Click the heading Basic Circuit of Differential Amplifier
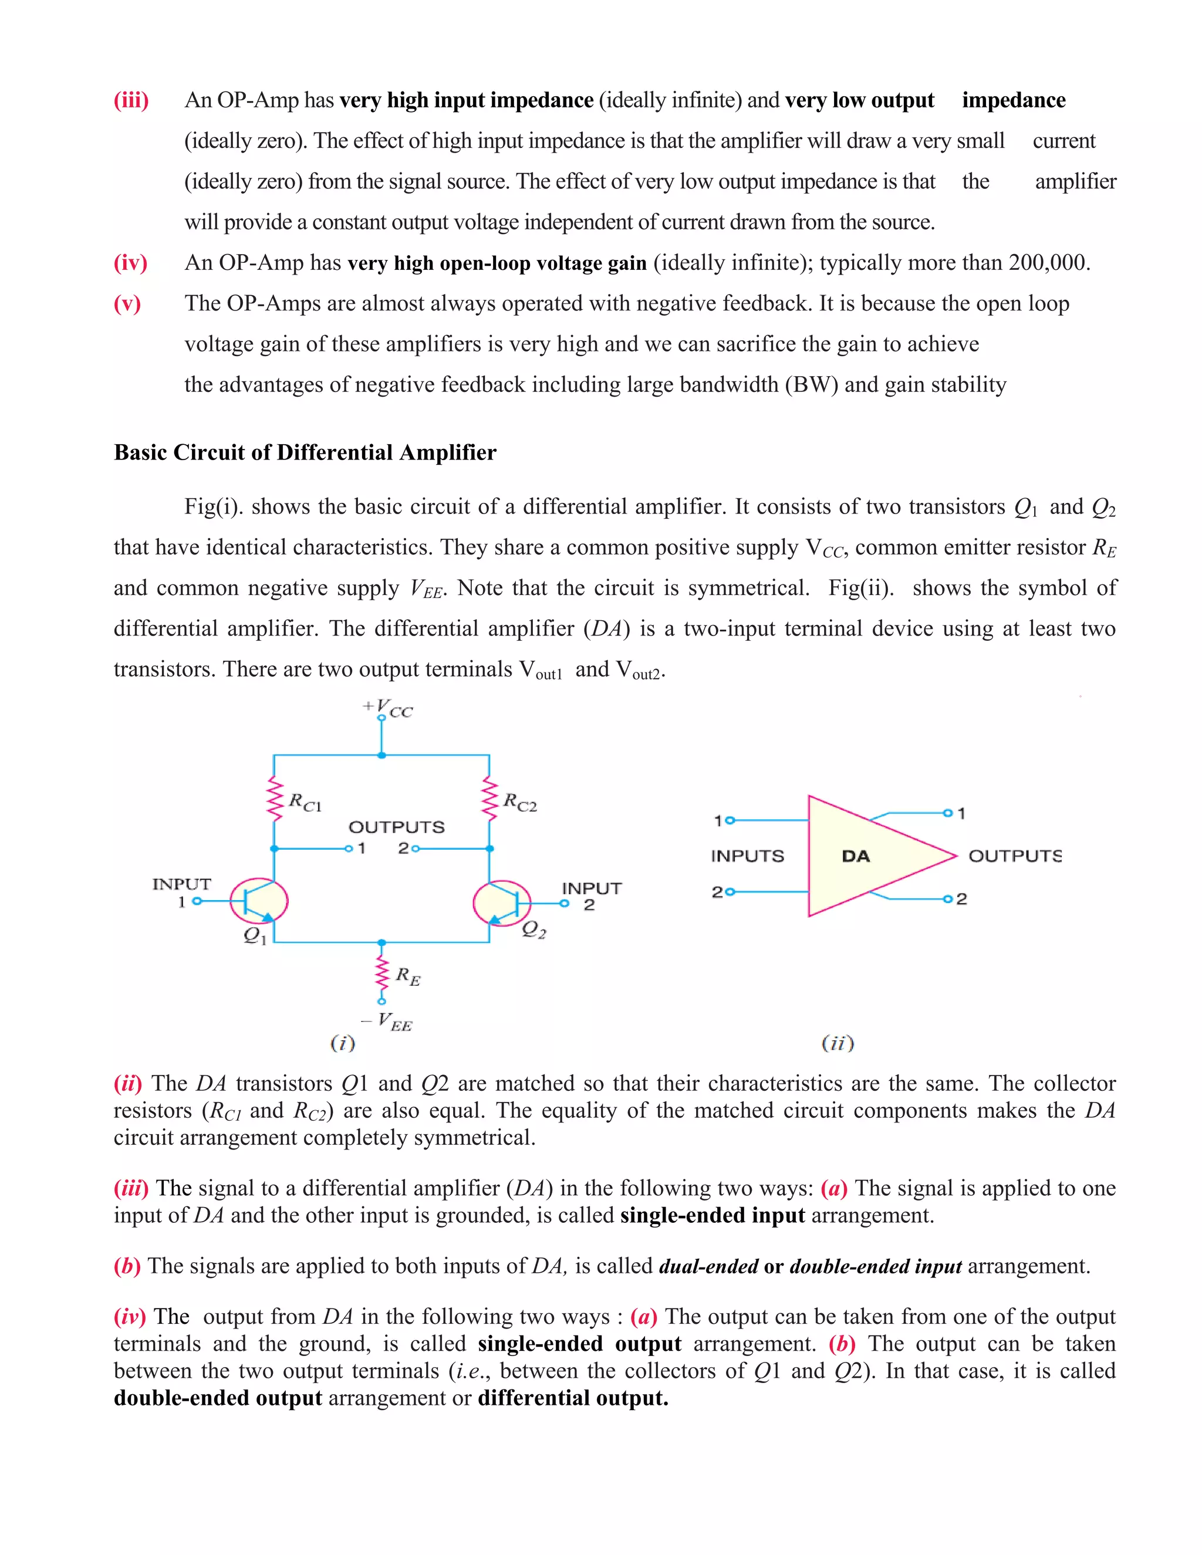coord(305,453)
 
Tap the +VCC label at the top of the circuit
coord(388,708)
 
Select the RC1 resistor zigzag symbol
coord(274,798)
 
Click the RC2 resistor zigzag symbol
coord(489,798)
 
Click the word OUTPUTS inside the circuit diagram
coord(396,827)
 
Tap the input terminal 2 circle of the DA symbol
coord(729,892)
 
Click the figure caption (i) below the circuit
coord(343,1044)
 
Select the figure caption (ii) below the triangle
coord(838,1044)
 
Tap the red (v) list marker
coord(127,304)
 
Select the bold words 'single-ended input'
coord(712,1215)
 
